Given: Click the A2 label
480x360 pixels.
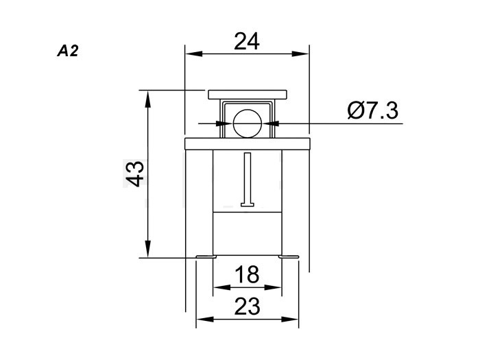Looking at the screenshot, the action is click(x=68, y=51).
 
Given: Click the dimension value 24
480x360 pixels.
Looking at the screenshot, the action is click(x=247, y=41).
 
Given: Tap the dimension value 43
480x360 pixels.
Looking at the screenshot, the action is click(x=135, y=173).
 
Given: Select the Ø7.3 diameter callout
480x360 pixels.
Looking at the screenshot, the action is click(x=373, y=110).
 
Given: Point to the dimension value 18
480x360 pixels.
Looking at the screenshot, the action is click(x=247, y=274).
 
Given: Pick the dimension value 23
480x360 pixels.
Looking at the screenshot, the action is click(x=247, y=306).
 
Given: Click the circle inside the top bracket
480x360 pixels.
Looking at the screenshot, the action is click(x=248, y=123).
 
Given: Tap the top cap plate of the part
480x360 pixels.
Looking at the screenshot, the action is click(x=248, y=95).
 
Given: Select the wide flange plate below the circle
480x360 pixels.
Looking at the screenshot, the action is click(x=248, y=144).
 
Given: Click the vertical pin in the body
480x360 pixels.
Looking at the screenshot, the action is click(x=248, y=180).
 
